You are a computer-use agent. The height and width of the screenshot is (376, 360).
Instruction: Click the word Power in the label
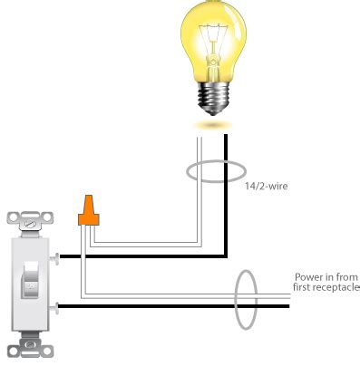308,276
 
